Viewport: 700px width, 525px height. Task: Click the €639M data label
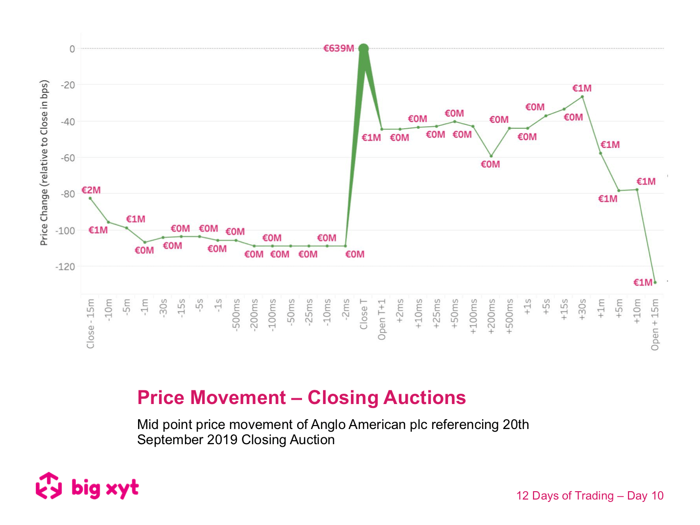(x=338, y=48)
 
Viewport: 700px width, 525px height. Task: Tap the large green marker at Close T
(x=363, y=48)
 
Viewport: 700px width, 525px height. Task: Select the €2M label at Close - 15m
(x=91, y=190)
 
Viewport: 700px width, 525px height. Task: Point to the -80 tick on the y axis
(x=68, y=194)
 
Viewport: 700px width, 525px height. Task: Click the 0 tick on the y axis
(x=72, y=49)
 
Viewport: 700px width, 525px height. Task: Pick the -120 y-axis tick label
(x=66, y=267)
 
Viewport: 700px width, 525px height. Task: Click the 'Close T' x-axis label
(x=364, y=314)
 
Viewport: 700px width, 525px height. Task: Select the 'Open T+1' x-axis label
(x=382, y=319)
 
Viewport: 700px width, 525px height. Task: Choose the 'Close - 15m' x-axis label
(x=91, y=324)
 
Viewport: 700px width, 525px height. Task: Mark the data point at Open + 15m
(x=655, y=282)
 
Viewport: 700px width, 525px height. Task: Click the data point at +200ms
(x=491, y=156)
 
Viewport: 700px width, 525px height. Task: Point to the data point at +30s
(x=582, y=96)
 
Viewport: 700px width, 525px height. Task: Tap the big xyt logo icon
(x=49, y=486)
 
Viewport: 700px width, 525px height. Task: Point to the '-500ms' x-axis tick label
(x=236, y=315)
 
